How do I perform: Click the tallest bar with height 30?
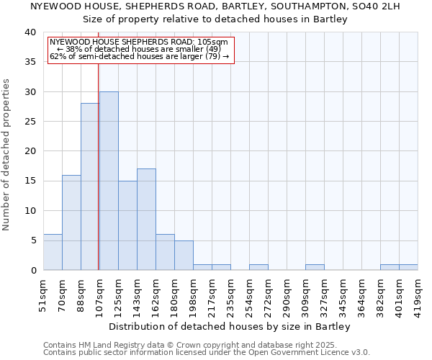coord(109,181)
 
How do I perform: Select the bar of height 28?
coord(90,186)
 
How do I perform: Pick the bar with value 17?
coord(146,219)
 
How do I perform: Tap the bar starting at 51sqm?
coord(53,252)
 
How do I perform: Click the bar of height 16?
coord(71,222)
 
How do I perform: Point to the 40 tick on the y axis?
coord(30,32)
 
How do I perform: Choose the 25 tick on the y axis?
coord(30,122)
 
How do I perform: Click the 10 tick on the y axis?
coord(30,211)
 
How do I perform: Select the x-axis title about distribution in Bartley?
coord(230,326)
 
